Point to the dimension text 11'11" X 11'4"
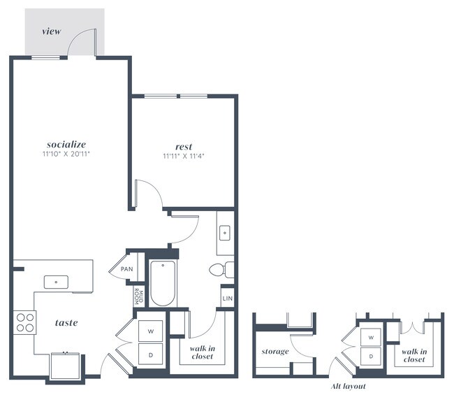click(184, 157)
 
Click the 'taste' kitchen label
click(66, 322)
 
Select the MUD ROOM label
click(138, 296)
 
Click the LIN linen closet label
click(227, 299)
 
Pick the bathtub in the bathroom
click(163, 283)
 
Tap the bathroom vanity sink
click(225, 233)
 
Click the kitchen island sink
click(56, 282)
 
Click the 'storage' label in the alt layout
click(274, 351)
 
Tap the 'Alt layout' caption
click(348, 386)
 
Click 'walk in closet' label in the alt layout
click(413, 354)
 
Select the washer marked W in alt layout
click(371, 337)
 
